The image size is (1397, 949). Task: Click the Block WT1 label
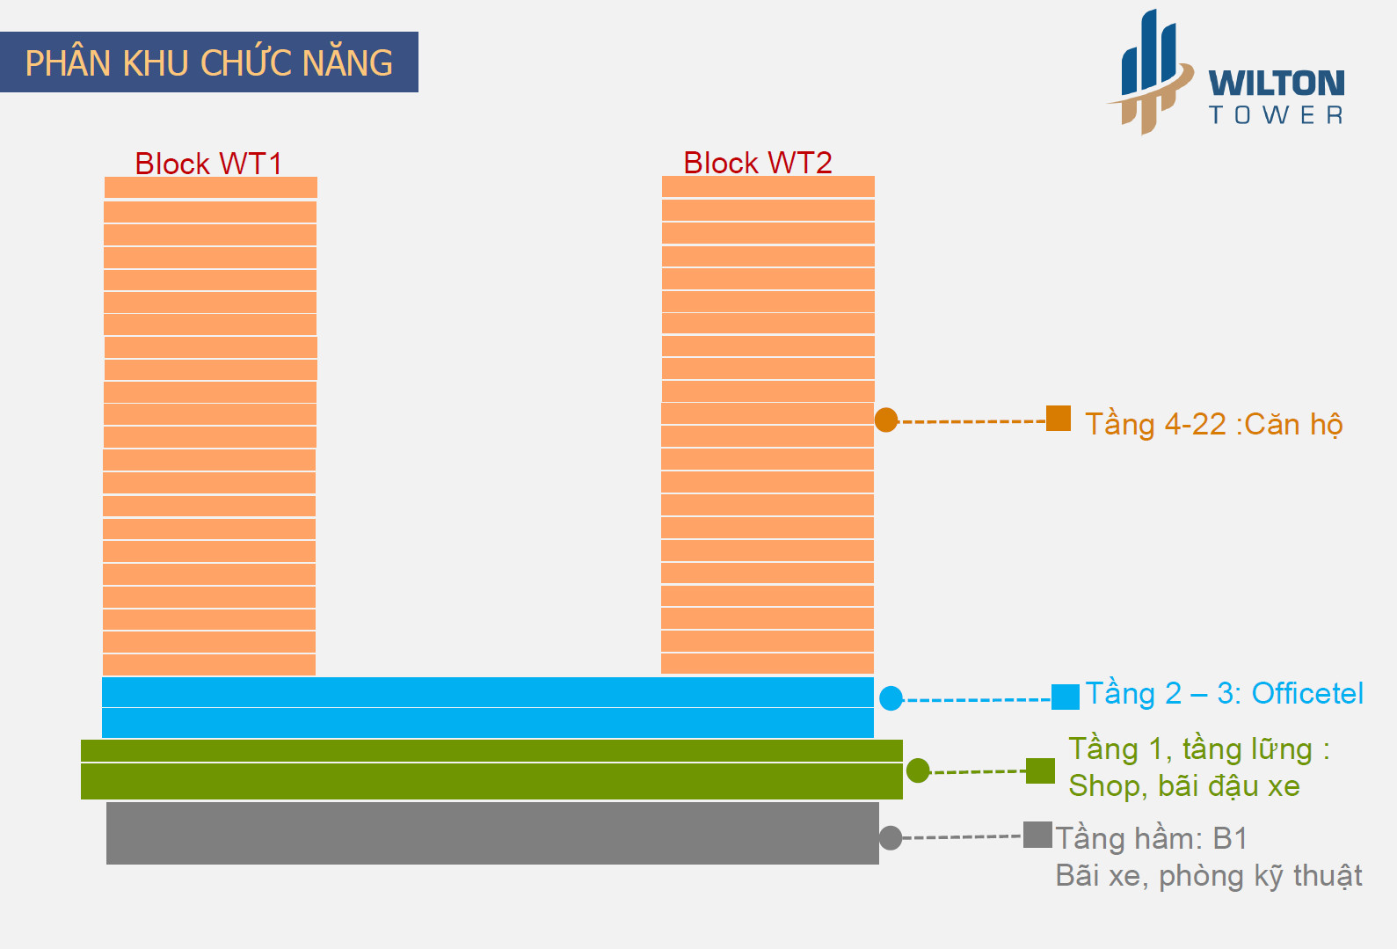[x=208, y=164]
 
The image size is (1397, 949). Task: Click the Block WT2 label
[x=757, y=163]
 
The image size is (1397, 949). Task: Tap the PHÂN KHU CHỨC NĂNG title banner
[x=209, y=62]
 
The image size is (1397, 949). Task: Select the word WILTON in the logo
[x=1276, y=84]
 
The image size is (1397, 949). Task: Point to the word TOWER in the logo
[x=1276, y=115]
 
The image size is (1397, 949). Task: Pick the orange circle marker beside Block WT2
[x=886, y=420]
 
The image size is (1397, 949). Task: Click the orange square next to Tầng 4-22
[x=1059, y=418]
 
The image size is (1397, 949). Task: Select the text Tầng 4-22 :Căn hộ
[x=1213, y=424]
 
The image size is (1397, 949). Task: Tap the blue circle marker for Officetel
[x=891, y=698]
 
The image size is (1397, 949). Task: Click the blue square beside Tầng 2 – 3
[x=1066, y=697]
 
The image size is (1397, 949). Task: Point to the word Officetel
[x=1307, y=693]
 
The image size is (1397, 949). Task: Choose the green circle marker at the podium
[x=918, y=770]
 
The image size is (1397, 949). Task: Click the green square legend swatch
[x=1040, y=770]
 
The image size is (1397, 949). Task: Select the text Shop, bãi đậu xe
[x=1183, y=785]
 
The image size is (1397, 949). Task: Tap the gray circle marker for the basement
[x=891, y=838]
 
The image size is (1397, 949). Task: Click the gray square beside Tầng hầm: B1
[x=1037, y=835]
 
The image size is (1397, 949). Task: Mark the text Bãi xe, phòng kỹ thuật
[x=1208, y=876]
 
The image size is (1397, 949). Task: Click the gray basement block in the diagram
[x=492, y=833]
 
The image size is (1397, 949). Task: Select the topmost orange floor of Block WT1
[x=211, y=187]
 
